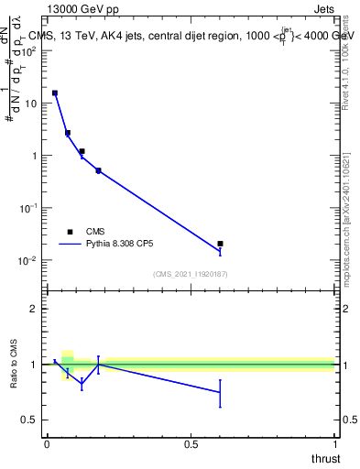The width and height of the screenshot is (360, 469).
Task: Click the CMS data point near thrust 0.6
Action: coord(220,244)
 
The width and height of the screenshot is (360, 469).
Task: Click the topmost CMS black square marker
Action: coord(55,93)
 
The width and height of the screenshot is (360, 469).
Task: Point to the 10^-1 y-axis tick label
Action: coord(27,208)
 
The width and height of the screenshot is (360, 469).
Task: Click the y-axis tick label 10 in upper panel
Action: coord(30,104)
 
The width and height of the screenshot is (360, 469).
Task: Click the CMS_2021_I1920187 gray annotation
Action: coord(190,273)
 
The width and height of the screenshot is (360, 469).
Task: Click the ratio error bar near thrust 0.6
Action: coord(220,392)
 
